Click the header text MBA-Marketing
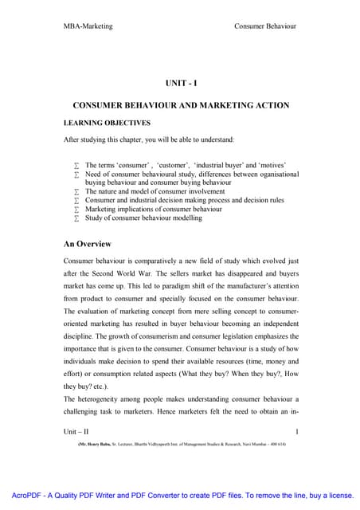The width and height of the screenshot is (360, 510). click(x=88, y=26)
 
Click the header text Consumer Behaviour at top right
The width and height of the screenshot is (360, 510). click(x=265, y=26)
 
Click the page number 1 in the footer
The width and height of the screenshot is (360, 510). click(x=295, y=431)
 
